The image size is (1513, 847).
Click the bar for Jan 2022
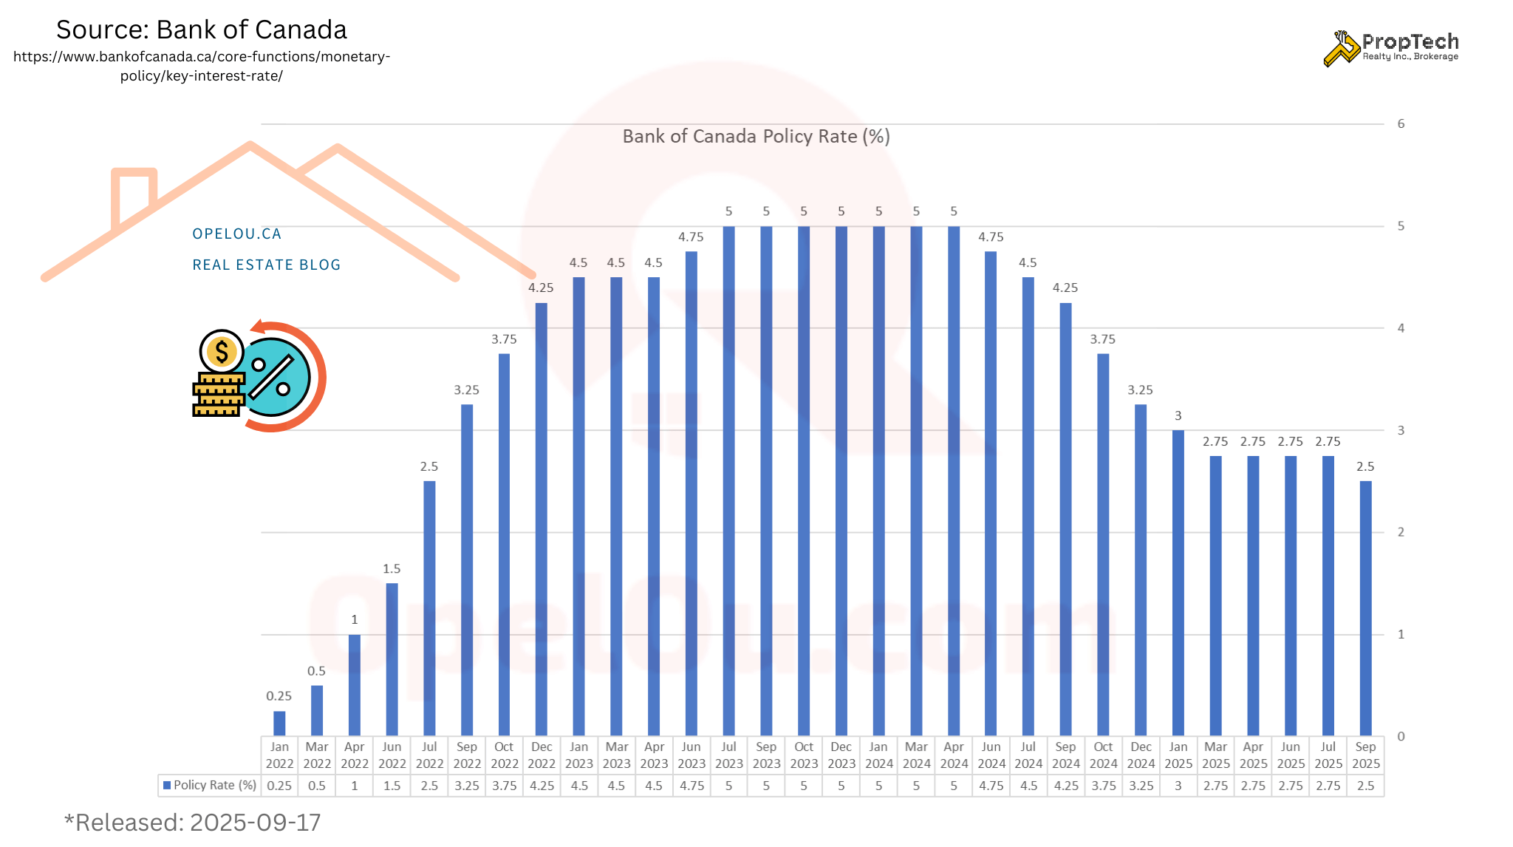click(x=279, y=724)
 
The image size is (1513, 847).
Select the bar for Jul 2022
click(x=429, y=608)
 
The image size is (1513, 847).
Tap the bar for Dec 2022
click(x=542, y=519)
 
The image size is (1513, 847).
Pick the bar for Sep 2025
click(x=1365, y=608)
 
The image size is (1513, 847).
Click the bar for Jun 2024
click(x=991, y=493)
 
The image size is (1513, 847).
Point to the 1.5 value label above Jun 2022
click(x=392, y=569)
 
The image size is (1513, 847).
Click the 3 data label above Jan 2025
click(x=1178, y=416)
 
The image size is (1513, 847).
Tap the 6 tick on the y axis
click(x=1401, y=123)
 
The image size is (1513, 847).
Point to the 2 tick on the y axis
click(x=1401, y=532)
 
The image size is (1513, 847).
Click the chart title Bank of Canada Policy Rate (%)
click(x=756, y=137)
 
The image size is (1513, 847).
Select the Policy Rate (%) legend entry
click(x=210, y=785)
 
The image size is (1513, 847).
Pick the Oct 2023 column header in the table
click(x=804, y=755)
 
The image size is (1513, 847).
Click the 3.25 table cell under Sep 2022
click(x=467, y=786)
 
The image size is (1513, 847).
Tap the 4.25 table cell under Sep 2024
click(x=1066, y=786)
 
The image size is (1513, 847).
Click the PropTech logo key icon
click(x=1341, y=48)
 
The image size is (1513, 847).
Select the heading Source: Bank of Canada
click(x=202, y=30)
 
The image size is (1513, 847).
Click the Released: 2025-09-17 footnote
click(x=193, y=823)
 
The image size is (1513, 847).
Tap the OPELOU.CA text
click(x=237, y=234)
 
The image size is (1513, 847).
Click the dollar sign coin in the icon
click(x=222, y=351)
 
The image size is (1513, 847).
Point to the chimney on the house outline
click(x=134, y=192)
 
